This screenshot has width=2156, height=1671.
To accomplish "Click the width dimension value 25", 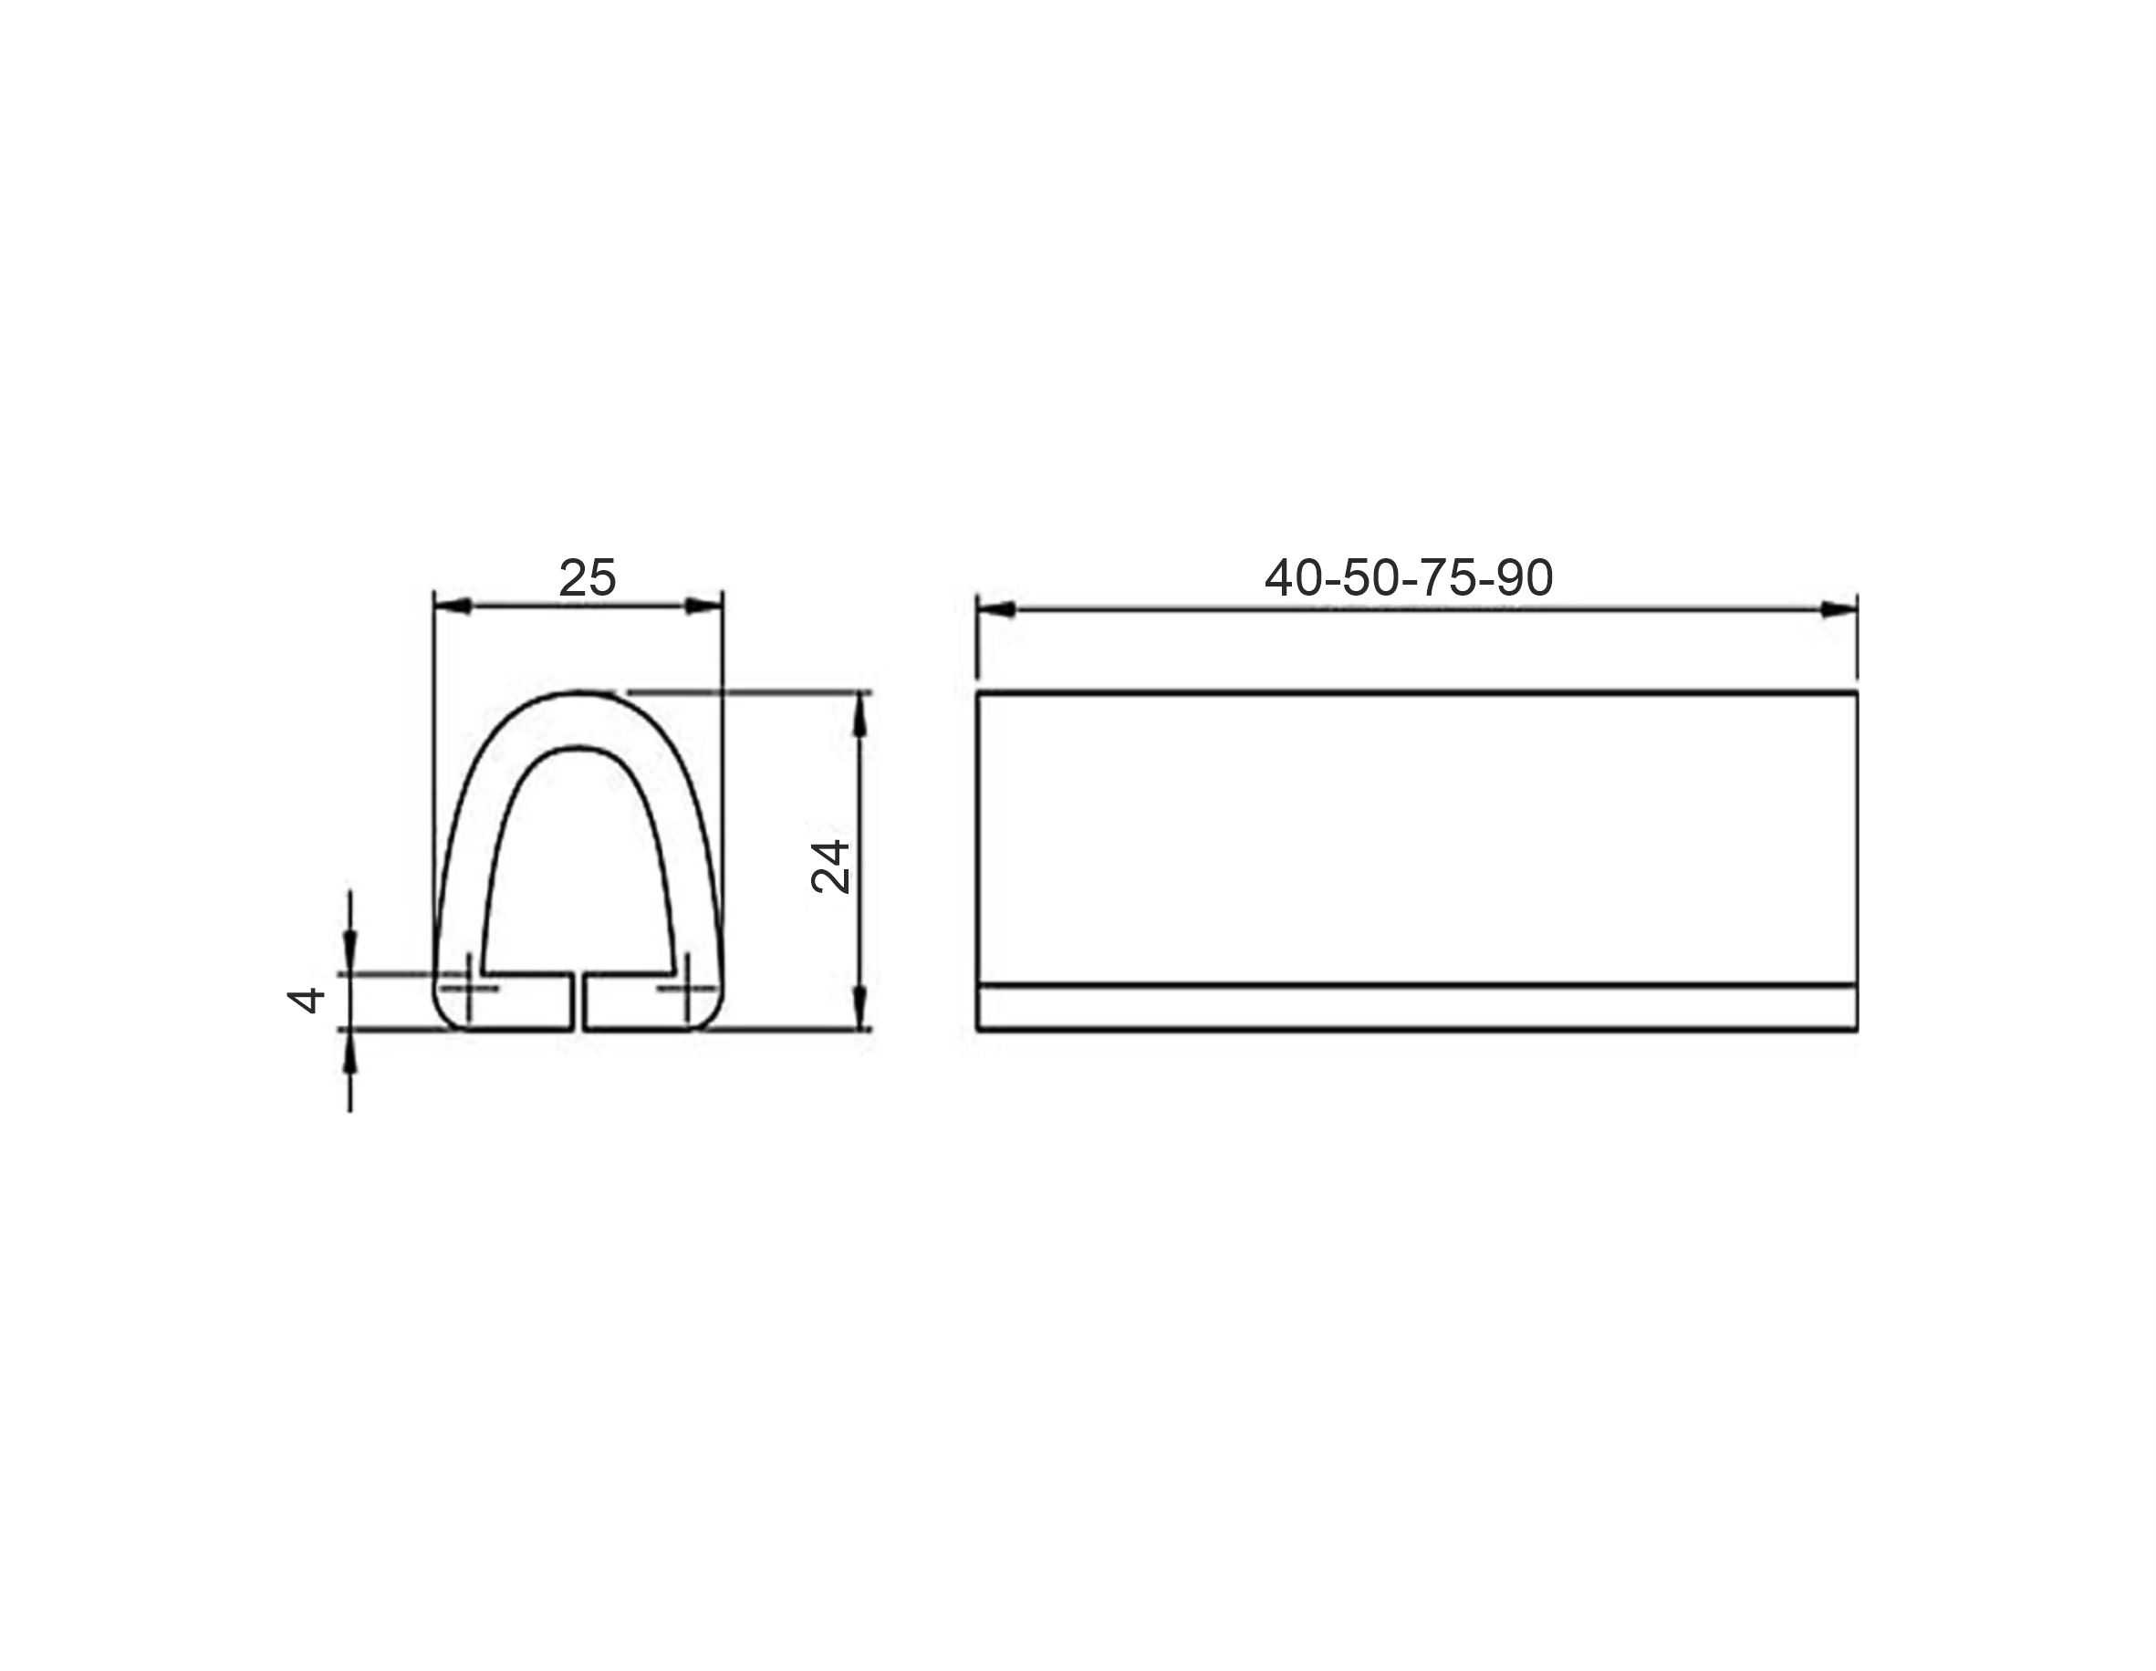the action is (x=588, y=578).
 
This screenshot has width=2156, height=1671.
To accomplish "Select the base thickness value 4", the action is (x=306, y=1000).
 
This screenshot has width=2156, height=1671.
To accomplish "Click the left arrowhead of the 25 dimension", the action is (x=453, y=606).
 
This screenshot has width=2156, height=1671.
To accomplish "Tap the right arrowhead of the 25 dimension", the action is (x=703, y=606).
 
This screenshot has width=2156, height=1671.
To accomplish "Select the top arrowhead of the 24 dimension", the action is (x=860, y=712).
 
